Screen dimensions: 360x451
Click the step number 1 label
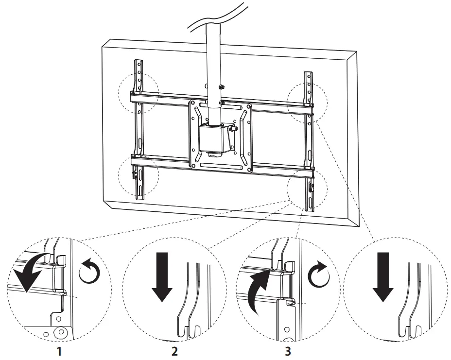point(60,351)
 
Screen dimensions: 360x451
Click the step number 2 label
point(174,351)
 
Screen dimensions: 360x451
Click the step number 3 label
point(288,351)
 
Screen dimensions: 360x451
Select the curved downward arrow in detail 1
point(30,272)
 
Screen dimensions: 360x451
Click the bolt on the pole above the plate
point(221,87)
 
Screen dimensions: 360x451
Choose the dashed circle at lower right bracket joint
point(307,189)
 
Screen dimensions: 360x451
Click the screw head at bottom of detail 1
point(60,333)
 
